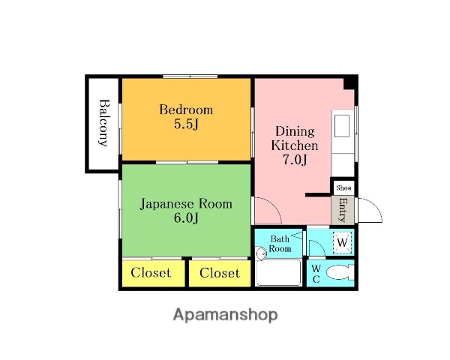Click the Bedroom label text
tap(186, 110)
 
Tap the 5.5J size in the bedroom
tap(186, 124)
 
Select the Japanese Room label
tap(186, 204)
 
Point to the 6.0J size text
tap(186, 218)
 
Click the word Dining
tap(295, 132)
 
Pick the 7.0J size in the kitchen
tap(295, 160)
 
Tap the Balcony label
tap(103, 123)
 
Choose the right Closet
tap(220, 273)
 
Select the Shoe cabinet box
tap(343, 187)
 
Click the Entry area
tap(343, 210)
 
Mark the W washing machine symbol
tap(342, 242)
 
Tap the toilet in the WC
tap(340, 272)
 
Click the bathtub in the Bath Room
tap(279, 272)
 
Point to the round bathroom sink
tap(261, 253)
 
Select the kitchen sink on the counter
tap(342, 126)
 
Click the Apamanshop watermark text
tap(225, 315)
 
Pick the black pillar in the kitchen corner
tap(349, 83)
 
